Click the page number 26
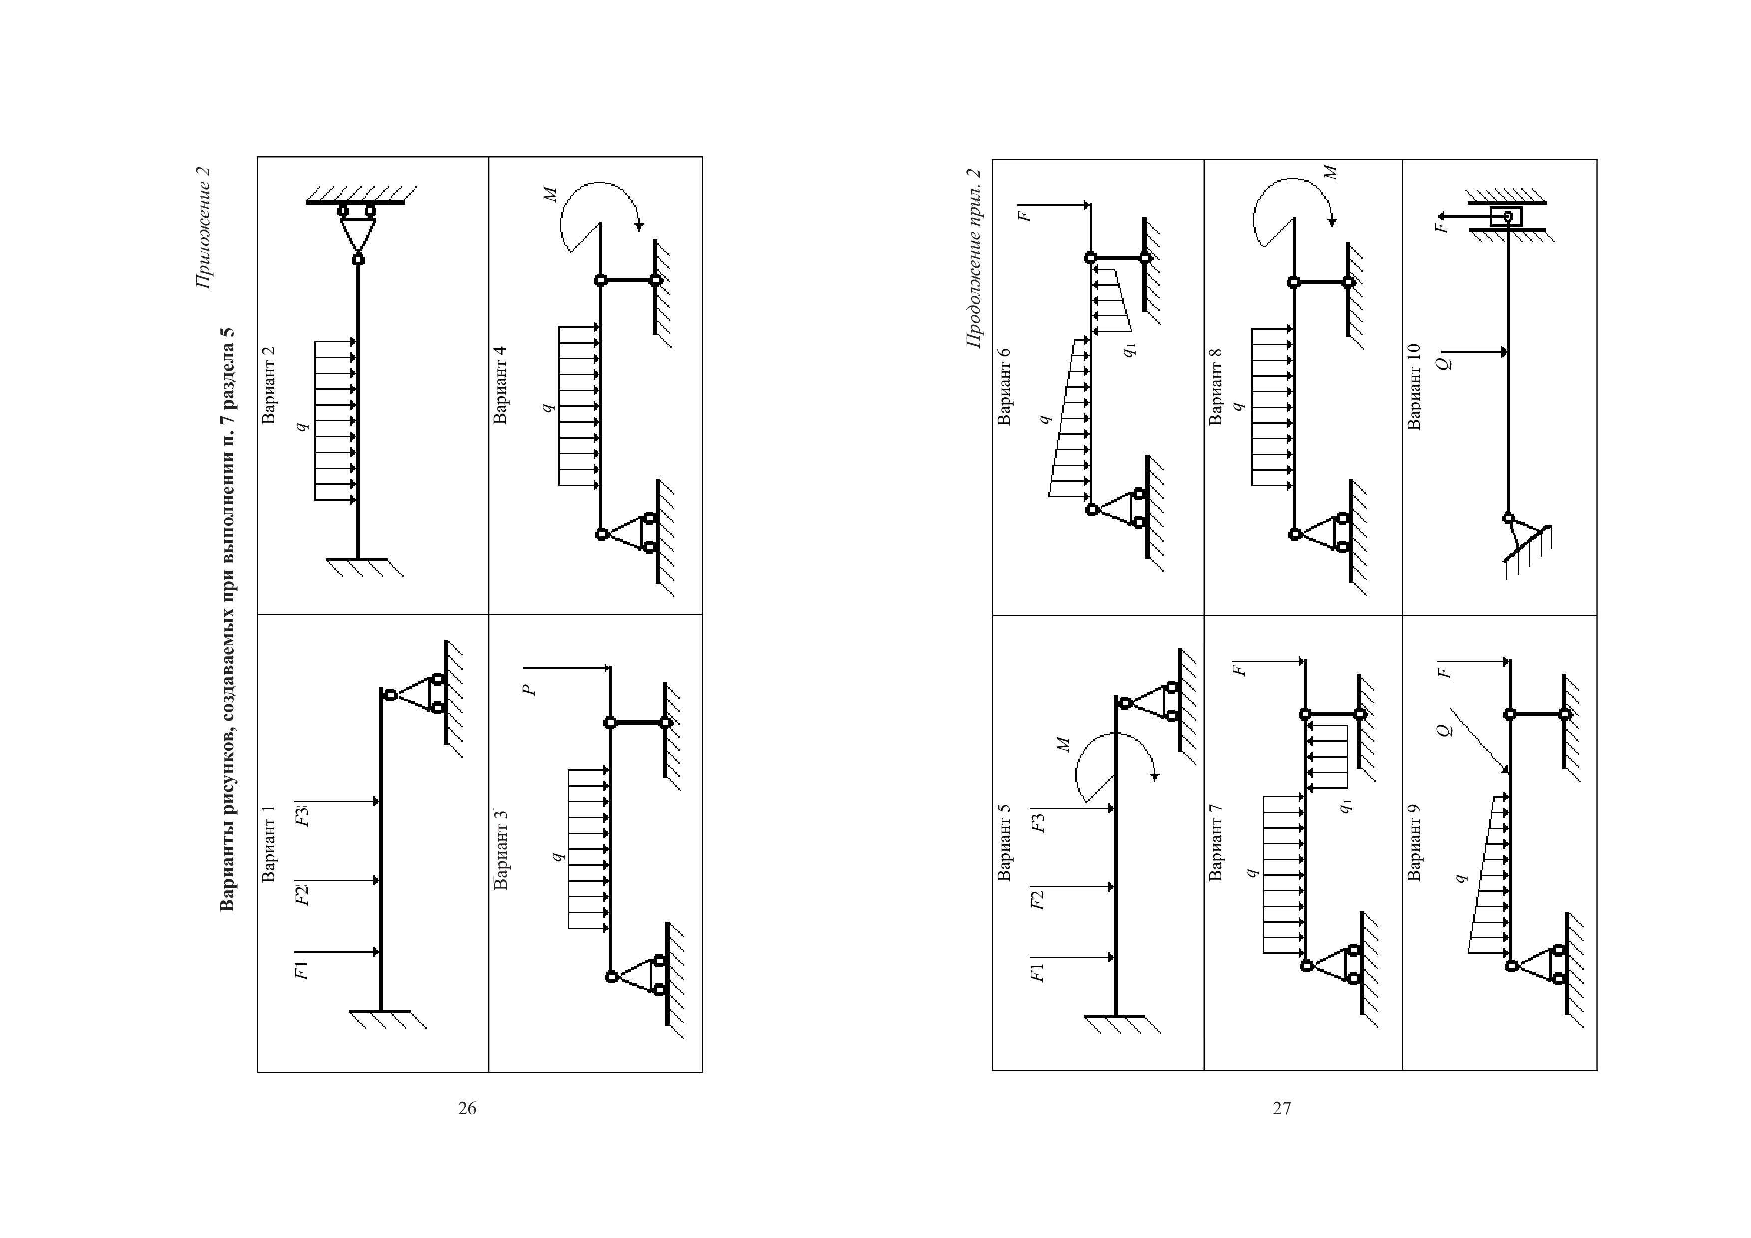[467, 1108]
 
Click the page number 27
[1282, 1108]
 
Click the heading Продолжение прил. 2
[973, 258]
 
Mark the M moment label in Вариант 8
[1332, 172]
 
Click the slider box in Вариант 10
[1506, 217]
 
